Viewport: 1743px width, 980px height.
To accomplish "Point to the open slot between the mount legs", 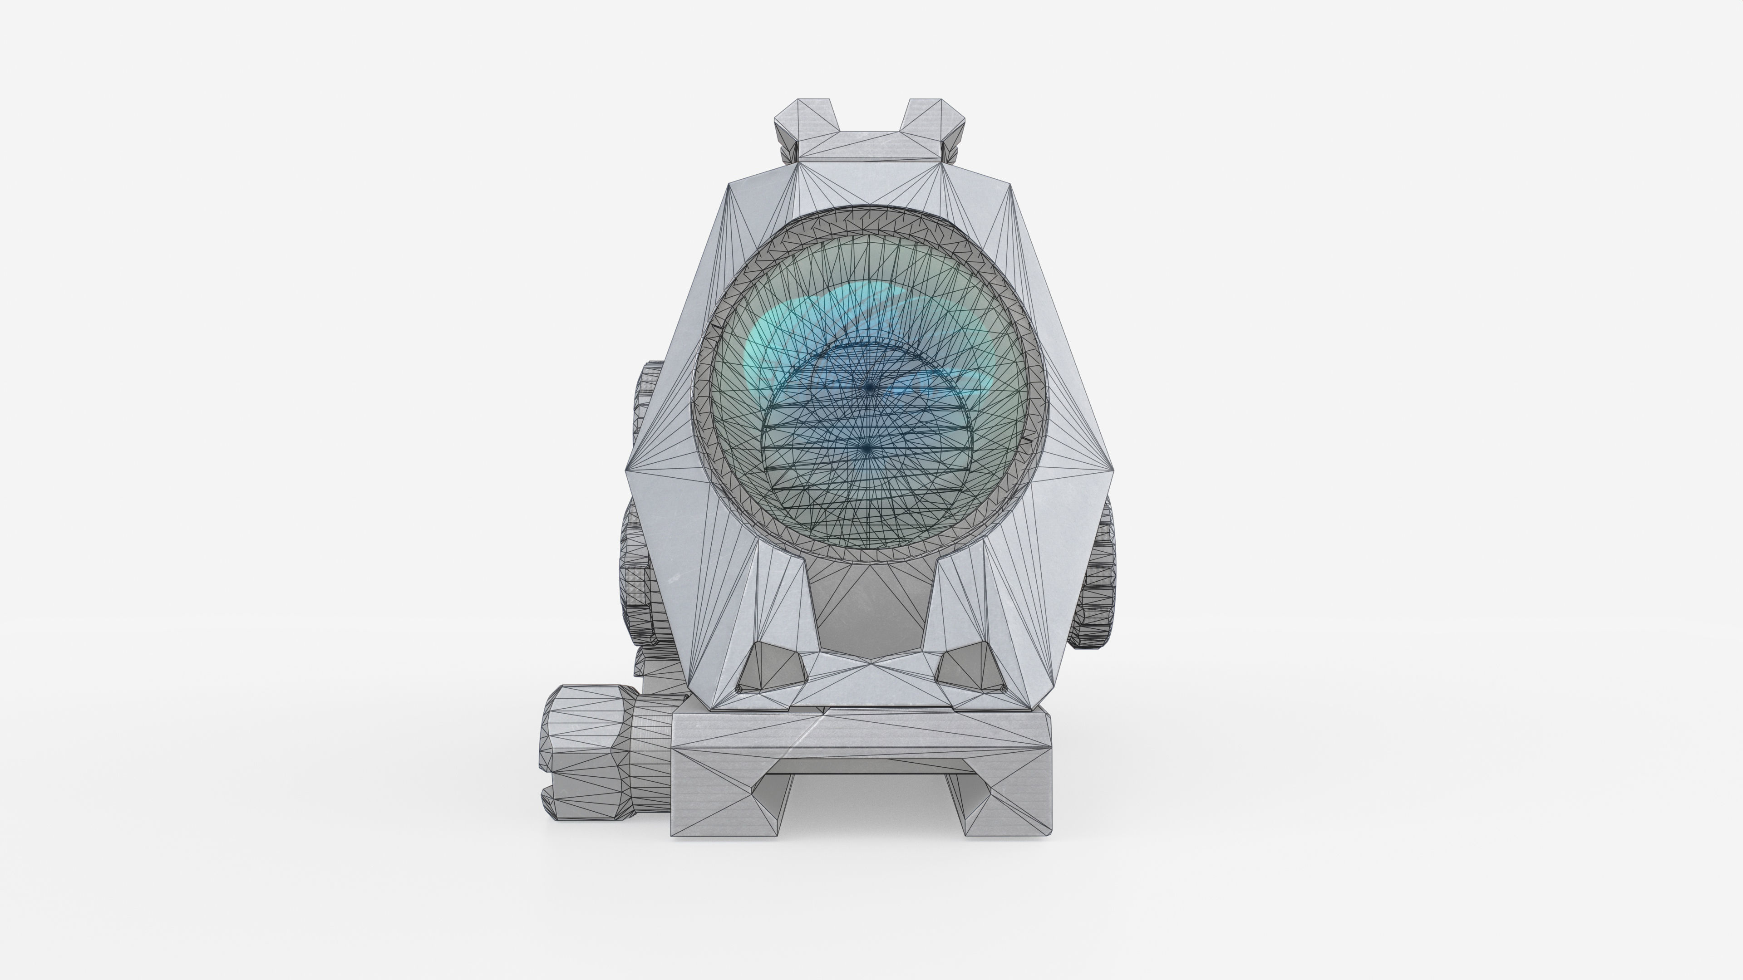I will (870, 805).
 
